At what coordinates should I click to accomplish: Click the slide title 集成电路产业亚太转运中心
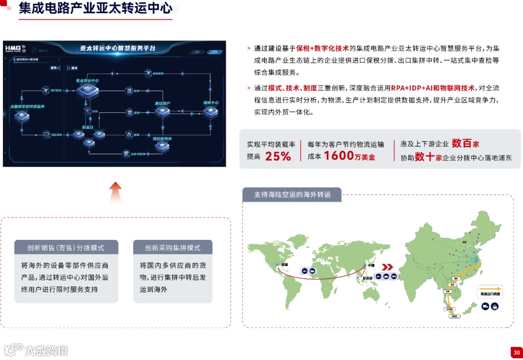95,9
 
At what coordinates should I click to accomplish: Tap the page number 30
517,353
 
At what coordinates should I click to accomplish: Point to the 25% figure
278,156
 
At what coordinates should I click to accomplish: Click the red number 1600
338,156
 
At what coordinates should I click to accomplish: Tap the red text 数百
461,143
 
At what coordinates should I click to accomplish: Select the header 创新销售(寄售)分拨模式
66,248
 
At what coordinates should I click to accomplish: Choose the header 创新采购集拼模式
172,248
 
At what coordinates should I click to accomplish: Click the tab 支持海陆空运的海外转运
292,194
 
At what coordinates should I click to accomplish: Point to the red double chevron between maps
387,267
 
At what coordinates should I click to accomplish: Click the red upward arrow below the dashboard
115,192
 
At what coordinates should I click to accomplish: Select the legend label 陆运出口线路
490,294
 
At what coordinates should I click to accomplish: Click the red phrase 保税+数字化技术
323,48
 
